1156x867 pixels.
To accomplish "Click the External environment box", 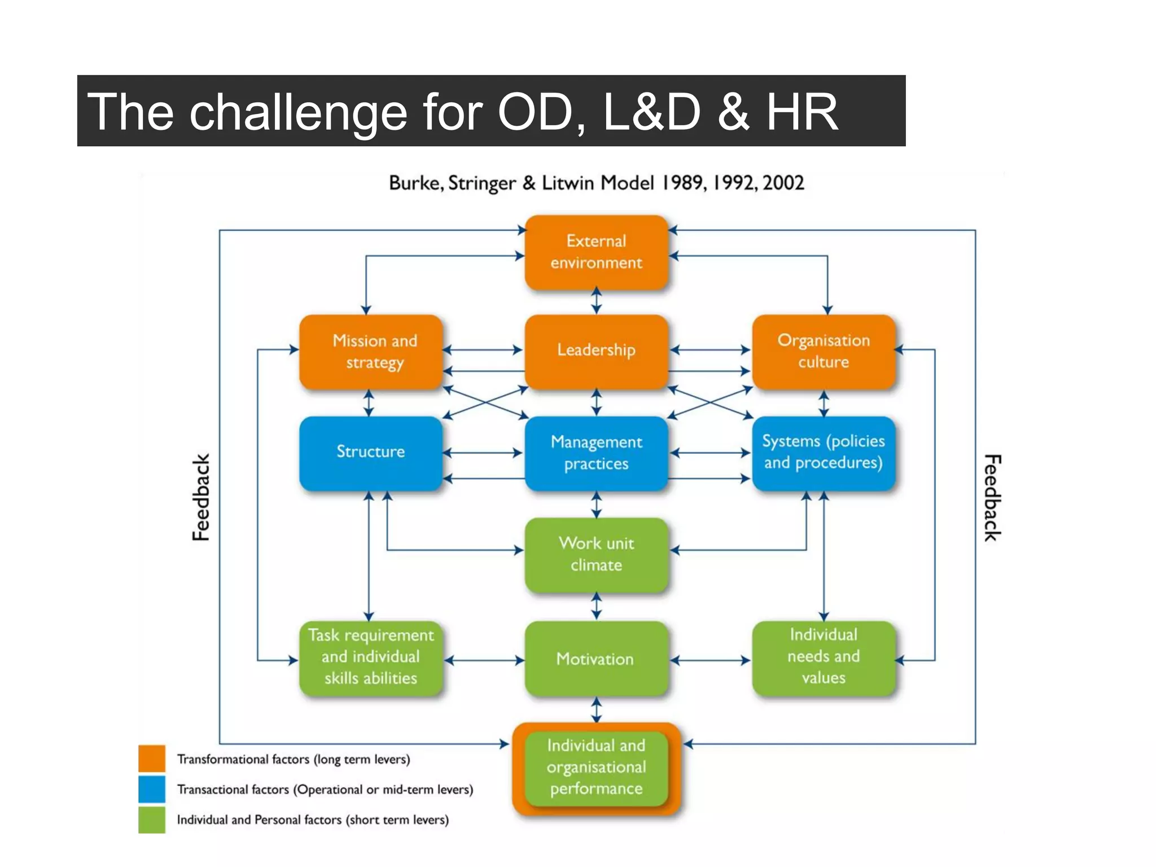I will pos(596,252).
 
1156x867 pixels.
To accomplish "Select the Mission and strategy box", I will pos(371,351).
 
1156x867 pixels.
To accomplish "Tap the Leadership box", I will pos(596,351).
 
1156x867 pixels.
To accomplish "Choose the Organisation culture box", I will pos(823,351).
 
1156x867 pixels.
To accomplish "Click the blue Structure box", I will pos(371,452).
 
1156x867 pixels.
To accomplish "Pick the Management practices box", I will pos(596,453).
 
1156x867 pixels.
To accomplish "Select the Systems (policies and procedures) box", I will pos(823,452).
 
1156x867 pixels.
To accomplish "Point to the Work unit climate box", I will pos(596,554).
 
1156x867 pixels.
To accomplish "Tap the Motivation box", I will pos(596,659).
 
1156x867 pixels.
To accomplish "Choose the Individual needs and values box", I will pos(823,657).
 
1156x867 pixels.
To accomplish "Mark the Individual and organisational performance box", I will pos(596,768).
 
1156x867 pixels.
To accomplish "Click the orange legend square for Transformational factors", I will pos(152,758).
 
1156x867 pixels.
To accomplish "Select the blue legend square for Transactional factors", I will pos(152,789).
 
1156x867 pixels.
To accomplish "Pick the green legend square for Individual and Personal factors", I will pos(152,820).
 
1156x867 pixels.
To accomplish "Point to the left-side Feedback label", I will pos(201,497).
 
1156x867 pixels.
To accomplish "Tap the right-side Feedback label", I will pos(992,497).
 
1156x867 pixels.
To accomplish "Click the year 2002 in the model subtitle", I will pos(783,183).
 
